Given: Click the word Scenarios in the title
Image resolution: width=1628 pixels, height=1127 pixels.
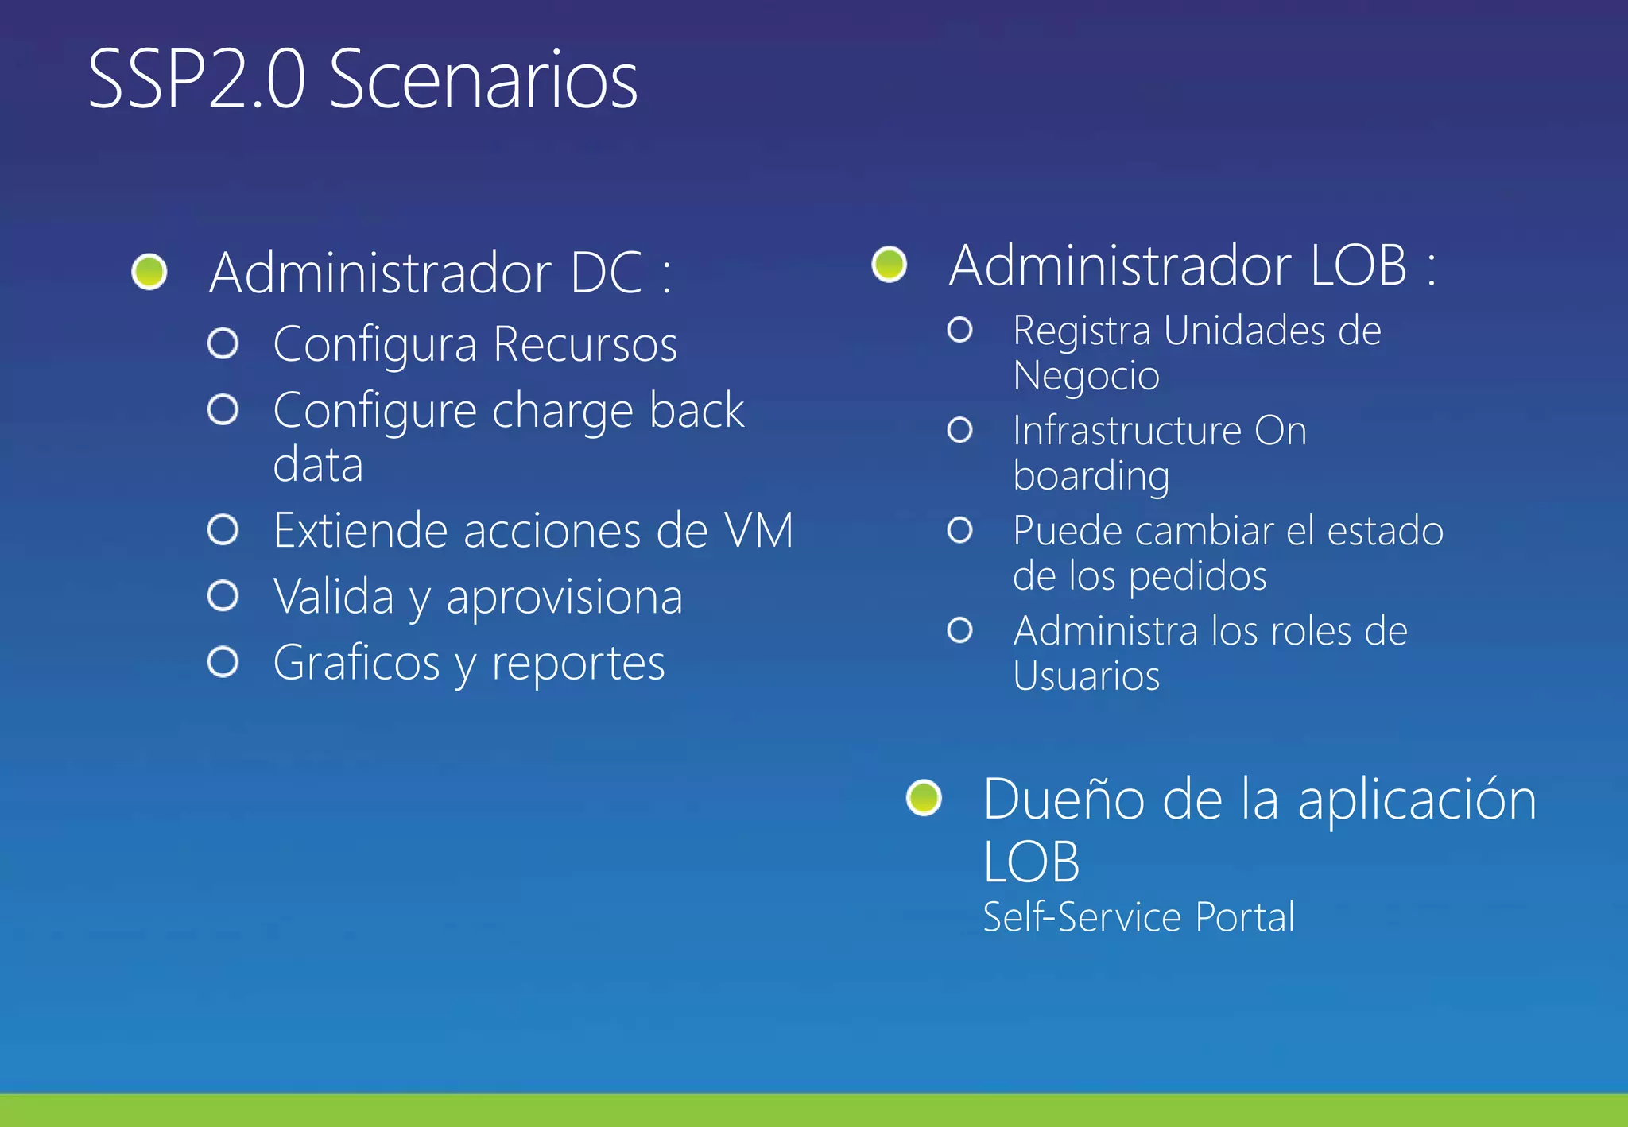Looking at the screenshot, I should click(483, 79).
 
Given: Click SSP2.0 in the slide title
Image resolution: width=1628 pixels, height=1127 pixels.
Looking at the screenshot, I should click(196, 79).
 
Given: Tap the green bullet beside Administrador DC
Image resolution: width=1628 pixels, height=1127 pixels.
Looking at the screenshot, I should click(149, 272).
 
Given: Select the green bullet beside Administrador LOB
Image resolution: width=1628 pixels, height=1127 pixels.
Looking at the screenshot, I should click(889, 264).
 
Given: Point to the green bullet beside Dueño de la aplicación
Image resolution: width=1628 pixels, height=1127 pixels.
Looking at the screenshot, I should click(924, 797).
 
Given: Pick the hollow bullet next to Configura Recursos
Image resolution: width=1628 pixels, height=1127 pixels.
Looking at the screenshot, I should click(223, 343).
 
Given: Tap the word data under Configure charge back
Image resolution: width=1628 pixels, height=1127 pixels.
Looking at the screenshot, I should click(318, 464).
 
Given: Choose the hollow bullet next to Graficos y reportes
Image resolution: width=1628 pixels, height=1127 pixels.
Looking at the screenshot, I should click(223, 662).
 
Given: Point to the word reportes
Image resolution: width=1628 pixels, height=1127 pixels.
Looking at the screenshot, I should click(578, 664).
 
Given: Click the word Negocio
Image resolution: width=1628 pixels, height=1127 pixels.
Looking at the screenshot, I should click(1086, 375).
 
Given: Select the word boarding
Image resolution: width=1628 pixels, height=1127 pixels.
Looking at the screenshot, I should click(1091, 476).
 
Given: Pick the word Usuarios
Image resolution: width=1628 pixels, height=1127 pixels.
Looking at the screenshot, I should click(1086, 676).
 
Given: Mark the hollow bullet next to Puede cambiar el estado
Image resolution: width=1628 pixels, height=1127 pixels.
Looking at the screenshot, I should click(959, 530).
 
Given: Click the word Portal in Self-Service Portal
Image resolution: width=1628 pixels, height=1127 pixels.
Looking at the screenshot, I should click(1245, 917).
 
